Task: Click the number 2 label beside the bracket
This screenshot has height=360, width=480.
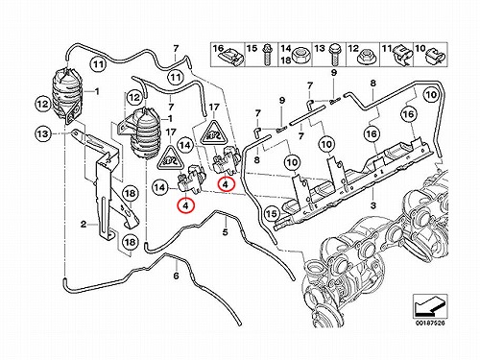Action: tap(84, 225)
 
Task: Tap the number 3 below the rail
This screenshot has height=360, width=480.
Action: tap(373, 205)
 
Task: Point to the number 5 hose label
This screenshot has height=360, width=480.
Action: tap(225, 231)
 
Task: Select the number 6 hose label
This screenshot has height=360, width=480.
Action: tap(176, 276)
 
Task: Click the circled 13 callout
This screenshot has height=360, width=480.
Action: tap(43, 133)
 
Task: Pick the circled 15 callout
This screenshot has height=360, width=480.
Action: tap(272, 213)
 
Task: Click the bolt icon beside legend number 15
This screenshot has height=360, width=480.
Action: tap(268, 55)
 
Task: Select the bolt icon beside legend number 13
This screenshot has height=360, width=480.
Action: tap(336, 55)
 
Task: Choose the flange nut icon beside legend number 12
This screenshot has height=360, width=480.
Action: tap(369, 57)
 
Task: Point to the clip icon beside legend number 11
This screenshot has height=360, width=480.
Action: tap(402, 56)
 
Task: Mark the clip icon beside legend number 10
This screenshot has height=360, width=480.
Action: tap(435, 56)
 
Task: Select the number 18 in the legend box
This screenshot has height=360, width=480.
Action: tap(285, 60)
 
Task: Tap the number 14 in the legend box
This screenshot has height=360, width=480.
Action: tap(285, 49)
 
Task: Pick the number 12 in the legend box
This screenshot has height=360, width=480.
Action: tap(353, 49)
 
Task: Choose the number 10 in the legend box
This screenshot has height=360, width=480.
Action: tap(420, 49)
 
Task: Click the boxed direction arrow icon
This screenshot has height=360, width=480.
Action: tap(430, 306)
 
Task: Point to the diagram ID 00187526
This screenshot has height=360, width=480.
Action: tap(430, 323)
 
